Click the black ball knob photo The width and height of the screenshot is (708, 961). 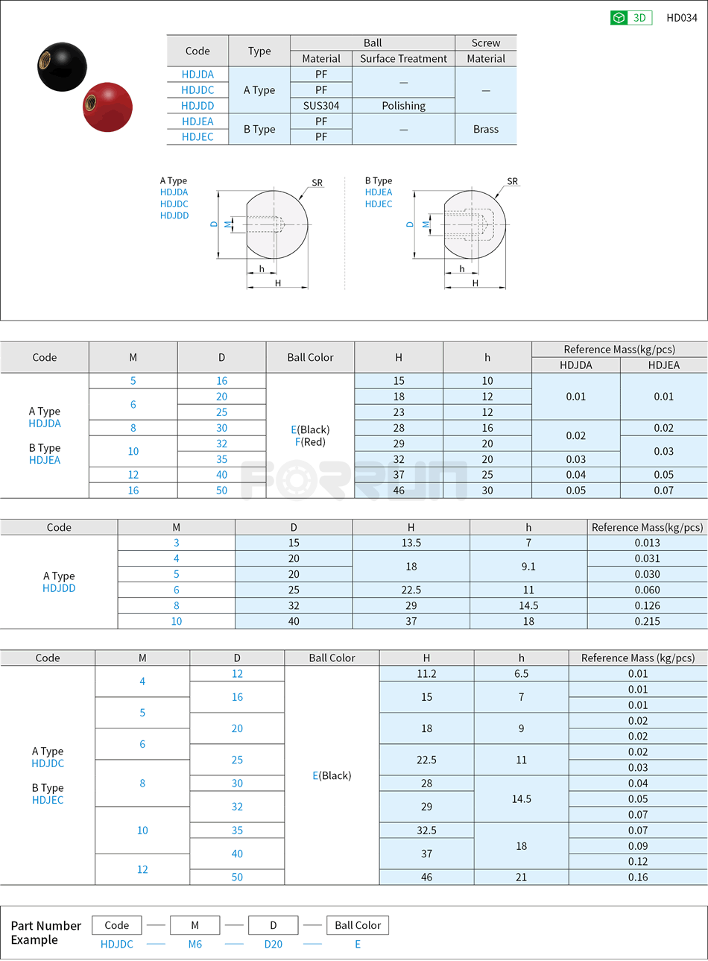click(62, 67)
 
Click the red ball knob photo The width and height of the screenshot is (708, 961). click(108, 107)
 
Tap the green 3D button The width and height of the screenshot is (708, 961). click(631, 18)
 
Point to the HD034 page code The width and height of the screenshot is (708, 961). click(681, 18)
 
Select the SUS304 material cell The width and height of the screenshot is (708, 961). click(321, 106)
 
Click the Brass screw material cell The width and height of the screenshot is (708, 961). click(485, 129)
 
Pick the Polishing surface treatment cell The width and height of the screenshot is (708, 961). click(403, 106)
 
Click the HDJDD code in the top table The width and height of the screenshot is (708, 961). click(197, 106)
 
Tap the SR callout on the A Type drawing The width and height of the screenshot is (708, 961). click(317, 183)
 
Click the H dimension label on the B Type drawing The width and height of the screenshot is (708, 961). click(475, 283)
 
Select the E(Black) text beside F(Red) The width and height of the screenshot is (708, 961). click(310, 429)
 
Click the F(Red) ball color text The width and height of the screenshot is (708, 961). click(310, 442)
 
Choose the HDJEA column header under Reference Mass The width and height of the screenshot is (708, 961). click(663, 365)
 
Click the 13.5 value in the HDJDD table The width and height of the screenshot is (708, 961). click(411, 543)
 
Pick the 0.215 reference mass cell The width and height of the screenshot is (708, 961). click(647, 621)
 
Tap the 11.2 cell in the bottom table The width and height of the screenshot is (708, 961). click(426, 673)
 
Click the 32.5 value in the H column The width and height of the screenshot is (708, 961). click(426, 830)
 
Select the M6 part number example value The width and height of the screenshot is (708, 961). click(195, 944)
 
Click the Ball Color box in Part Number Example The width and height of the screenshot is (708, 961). click(357, 925)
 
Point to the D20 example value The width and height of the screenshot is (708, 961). click(274, 944)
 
